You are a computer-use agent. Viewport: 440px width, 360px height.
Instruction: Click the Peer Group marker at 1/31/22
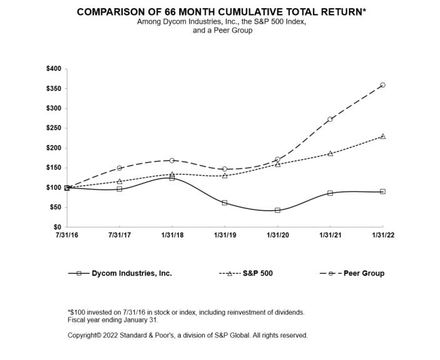tap(382, 85)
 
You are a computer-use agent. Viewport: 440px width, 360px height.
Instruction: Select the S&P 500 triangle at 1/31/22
tap(382, 136)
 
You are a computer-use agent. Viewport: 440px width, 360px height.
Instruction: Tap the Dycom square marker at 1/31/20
tap(277, 210)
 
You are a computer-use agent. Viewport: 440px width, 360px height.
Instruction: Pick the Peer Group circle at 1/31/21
tap(330, 119)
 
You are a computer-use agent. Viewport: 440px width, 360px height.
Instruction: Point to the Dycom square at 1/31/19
tap(225, 203)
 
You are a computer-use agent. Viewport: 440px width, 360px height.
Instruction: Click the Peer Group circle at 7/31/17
tap(120, 168)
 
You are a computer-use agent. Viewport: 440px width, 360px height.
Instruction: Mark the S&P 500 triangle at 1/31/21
tap(330, 153)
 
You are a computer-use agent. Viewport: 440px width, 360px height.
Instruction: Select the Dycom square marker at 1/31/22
tap(382, 192)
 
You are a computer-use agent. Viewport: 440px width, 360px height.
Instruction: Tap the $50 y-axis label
tap(55, 207)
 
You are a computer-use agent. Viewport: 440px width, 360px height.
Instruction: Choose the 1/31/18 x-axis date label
tap(172, 236)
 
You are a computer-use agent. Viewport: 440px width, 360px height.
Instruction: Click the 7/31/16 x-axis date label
tap(67, 236)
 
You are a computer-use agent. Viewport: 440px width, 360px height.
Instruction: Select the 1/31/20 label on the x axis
tap(277, 236)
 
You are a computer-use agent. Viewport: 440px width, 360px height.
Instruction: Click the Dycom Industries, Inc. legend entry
tap(131, 274)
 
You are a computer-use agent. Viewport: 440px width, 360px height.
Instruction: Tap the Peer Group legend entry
tap(365, 274)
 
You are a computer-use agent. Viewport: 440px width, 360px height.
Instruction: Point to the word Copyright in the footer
tap(84, 336)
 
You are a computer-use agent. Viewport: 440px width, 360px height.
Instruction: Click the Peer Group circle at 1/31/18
tap(172, 160)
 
